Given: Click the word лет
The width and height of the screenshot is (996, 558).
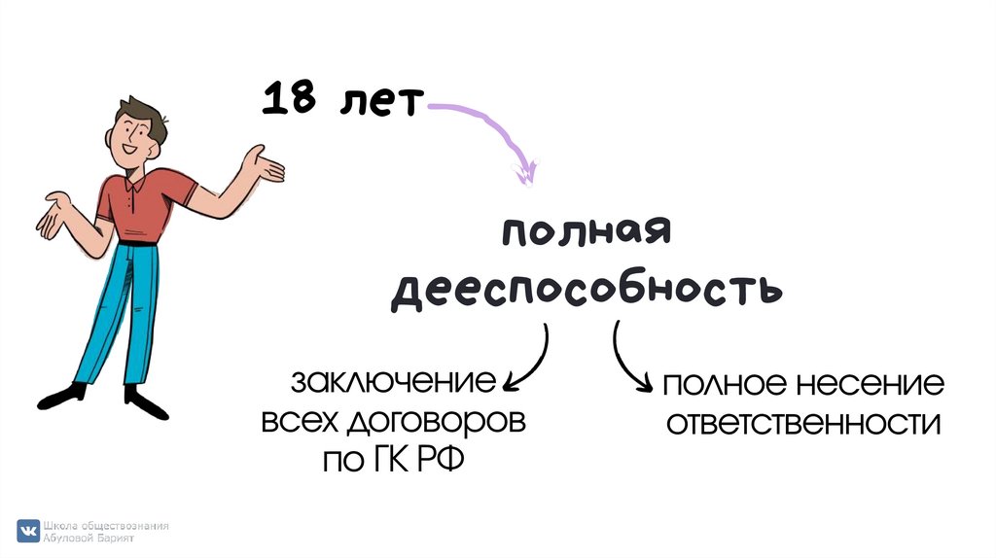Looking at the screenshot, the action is tap(380, 101).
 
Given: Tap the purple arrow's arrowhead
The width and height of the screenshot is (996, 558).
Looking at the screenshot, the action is tap(526, 174).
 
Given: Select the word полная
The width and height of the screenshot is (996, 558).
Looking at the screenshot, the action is tap(587, 237).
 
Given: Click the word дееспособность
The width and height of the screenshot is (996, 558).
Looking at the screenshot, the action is tap(587, 289).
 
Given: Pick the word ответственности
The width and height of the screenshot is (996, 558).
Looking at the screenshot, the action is tap(802, 424).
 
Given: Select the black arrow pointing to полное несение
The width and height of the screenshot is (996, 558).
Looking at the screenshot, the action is tap(627, 360).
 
